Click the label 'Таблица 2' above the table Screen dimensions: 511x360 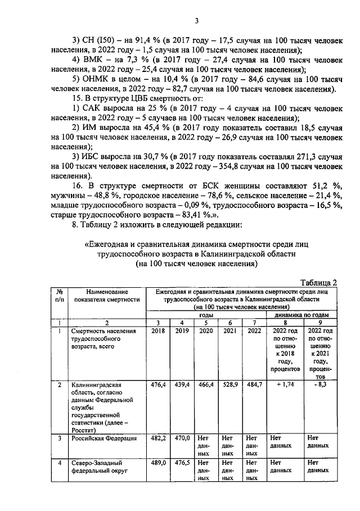coord(318,282)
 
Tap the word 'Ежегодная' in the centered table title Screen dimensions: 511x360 coord(112,245)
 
